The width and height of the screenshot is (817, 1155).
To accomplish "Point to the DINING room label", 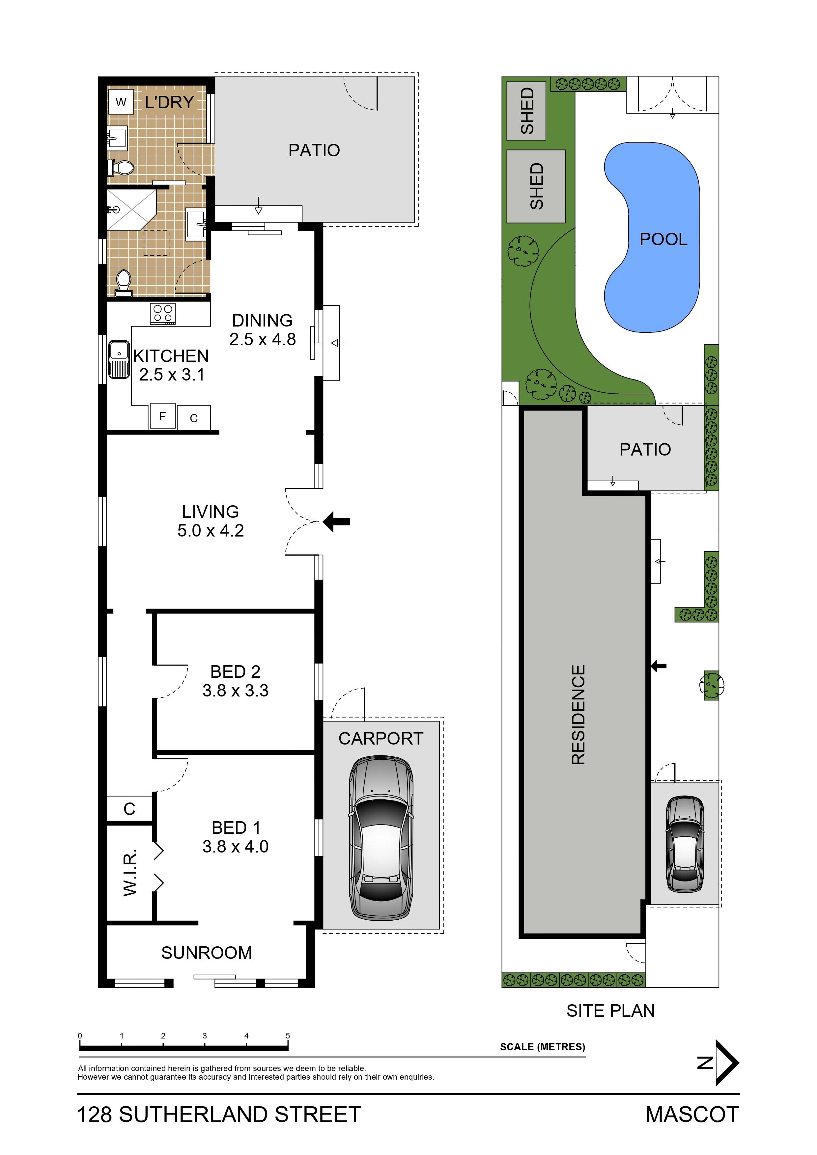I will pyautogui.click(x=262, y=321).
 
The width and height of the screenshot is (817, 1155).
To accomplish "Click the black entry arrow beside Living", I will pyautogui.click(x=336, y=522).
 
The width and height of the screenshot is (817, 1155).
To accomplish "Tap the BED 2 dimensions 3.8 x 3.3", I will pyautogui.click(x=235, y=690).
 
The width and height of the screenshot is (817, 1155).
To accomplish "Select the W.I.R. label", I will pyautogui.click(x=130, y=873).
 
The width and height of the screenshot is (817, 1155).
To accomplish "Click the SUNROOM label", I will pyautogui.click(x=206, y=952).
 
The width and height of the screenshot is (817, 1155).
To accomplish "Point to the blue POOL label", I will pyautogui.click(x=663, y=239).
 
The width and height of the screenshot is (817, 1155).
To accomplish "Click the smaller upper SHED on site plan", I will pyautogui.click(x=526, y=111).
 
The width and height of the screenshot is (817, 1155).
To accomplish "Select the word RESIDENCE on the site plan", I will pyautogui.click(x=578, y=715).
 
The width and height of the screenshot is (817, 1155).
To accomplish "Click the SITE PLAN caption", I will pyautogui.click(x=610, y=1011).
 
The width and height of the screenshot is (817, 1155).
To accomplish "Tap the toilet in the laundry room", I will pyautogui.click(x=121, y=168).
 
